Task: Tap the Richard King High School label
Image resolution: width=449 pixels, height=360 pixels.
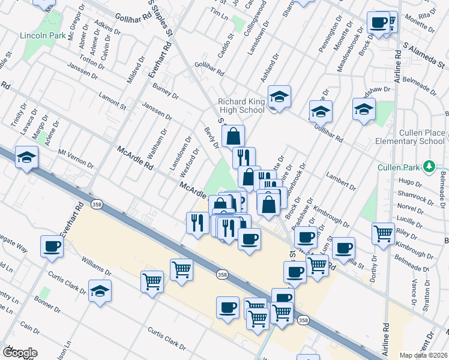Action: point(241,106)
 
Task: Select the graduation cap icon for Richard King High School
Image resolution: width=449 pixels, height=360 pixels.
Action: point(279,97)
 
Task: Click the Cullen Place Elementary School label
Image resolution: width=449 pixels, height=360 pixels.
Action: point(412,137)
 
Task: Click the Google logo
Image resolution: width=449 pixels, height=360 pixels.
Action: point(20,353)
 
